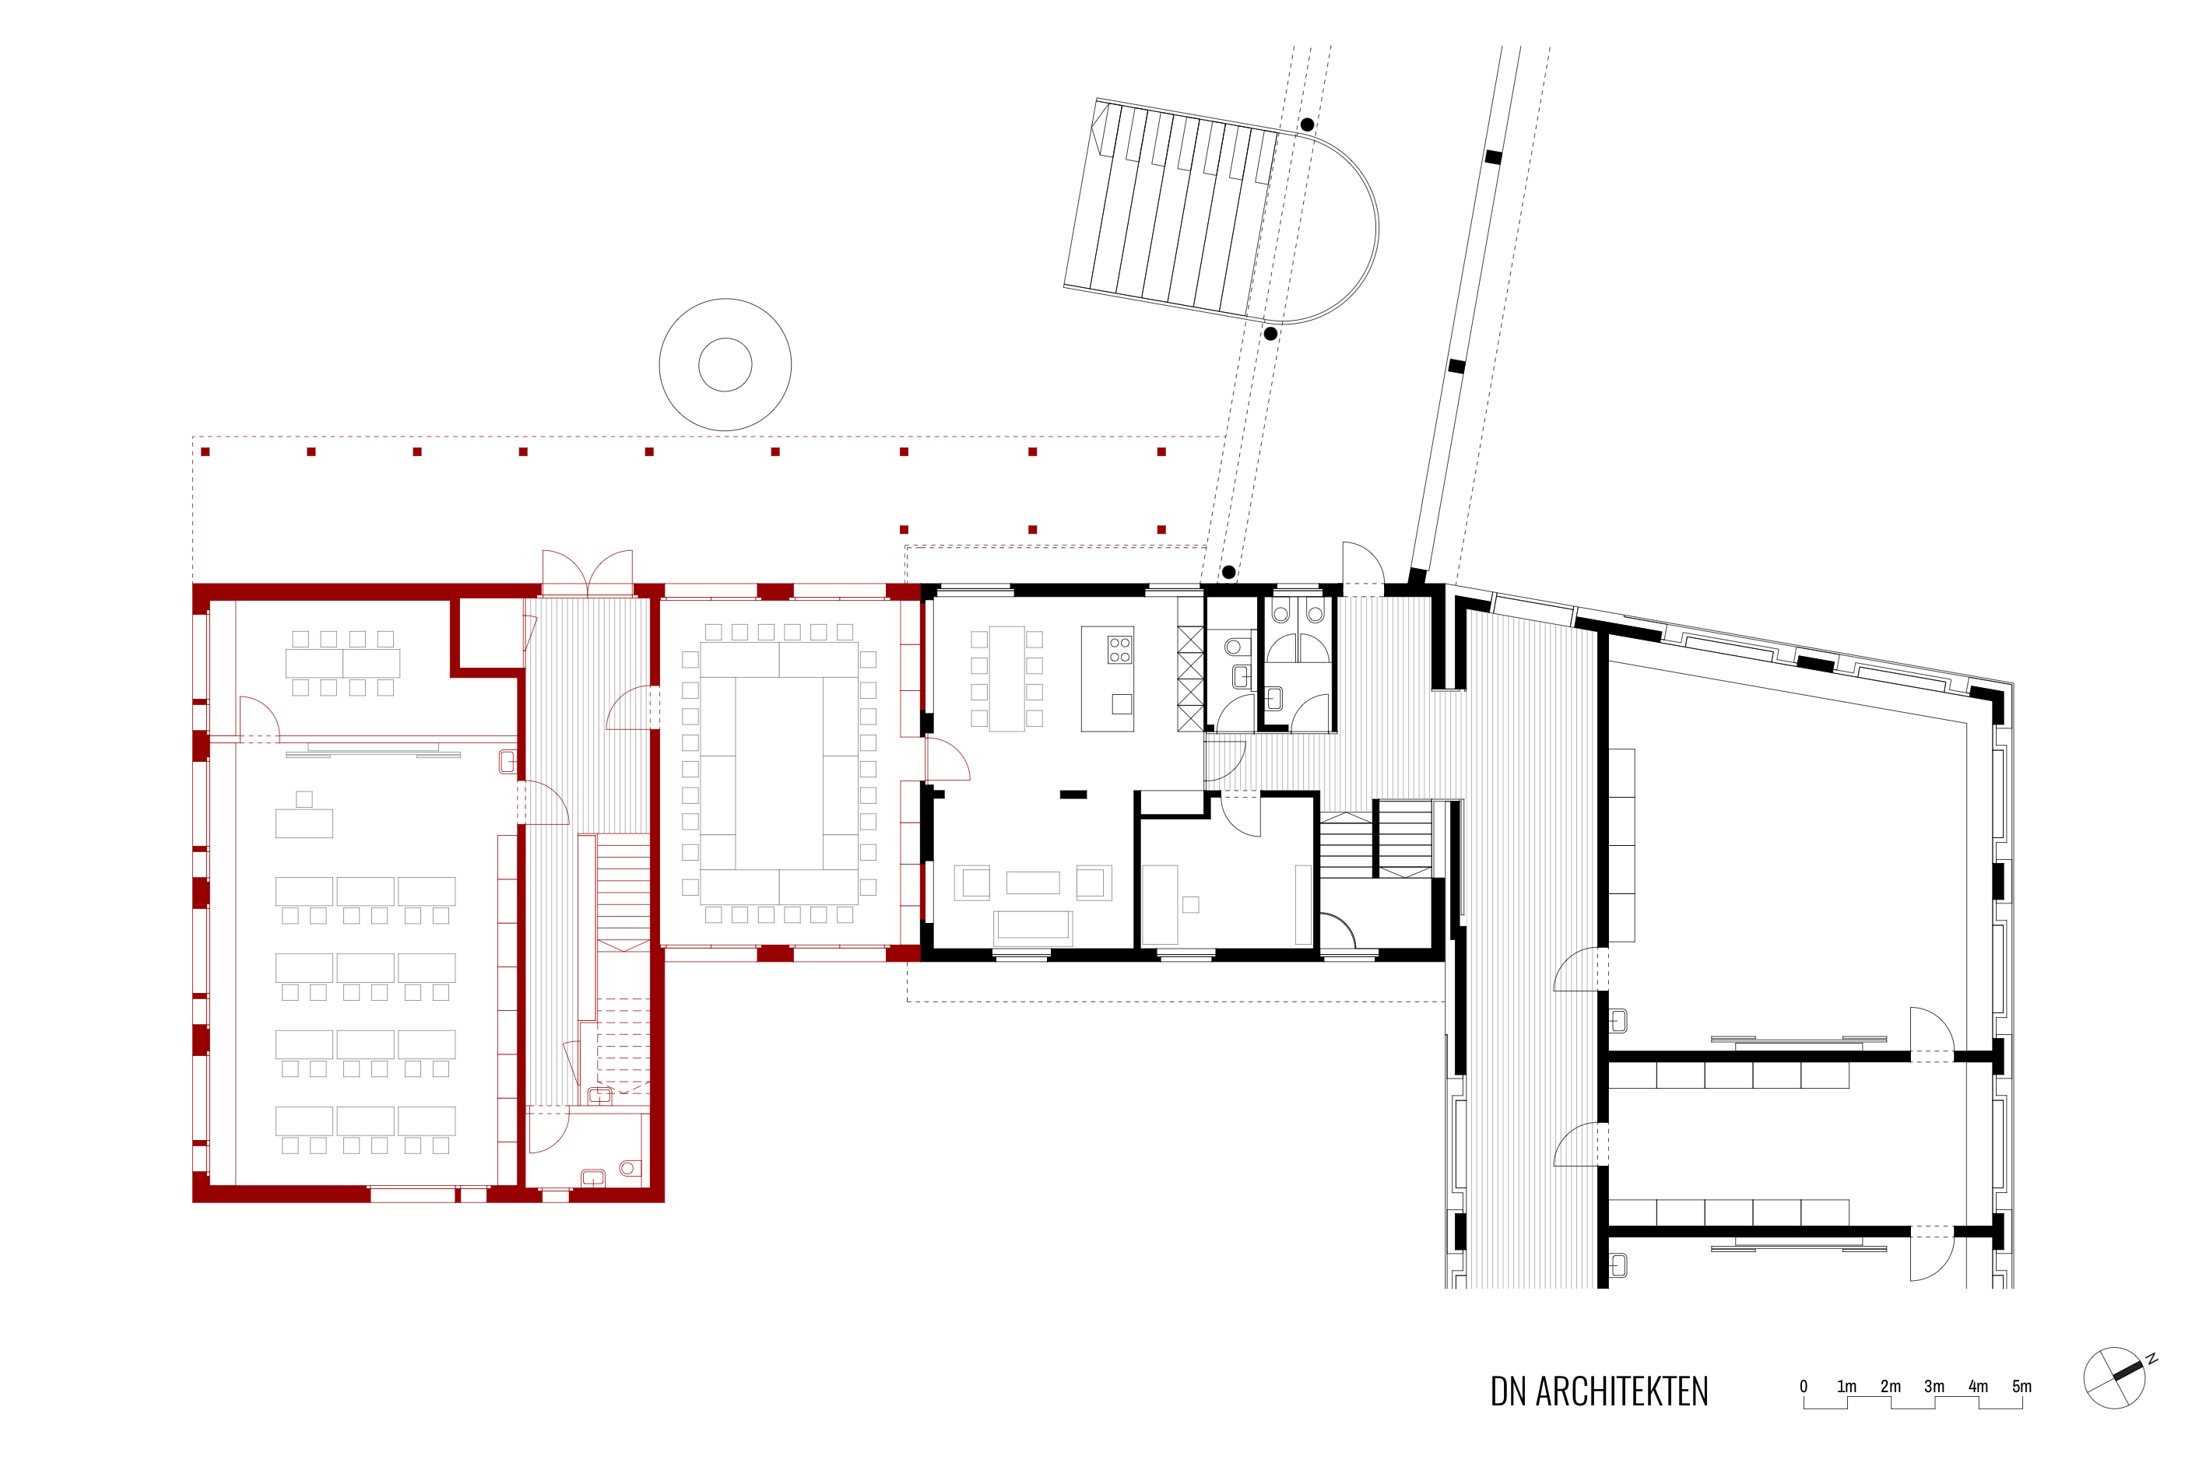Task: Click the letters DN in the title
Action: [1508, 1392]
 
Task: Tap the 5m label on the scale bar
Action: [2022, 1387]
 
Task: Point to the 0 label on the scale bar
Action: [1803, 1387]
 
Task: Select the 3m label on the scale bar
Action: [1934, 1387]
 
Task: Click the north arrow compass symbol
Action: [2115, 1378]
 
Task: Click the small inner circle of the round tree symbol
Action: [725, 365]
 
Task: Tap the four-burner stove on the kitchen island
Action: [1119, 650]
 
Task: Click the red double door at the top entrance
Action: [587, 573]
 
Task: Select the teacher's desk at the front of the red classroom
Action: [304, 823]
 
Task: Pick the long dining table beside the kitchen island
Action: [1007, 679]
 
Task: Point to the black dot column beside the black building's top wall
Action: [1228, 572]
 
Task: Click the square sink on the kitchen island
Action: [1121, 704]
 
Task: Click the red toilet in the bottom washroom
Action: [629, 1168]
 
